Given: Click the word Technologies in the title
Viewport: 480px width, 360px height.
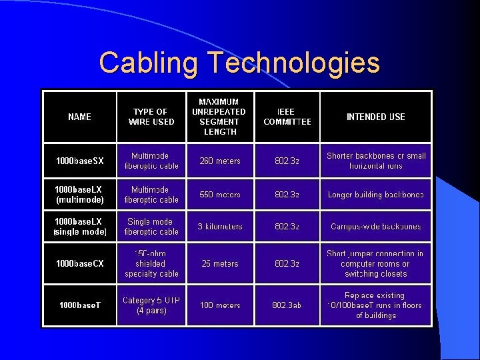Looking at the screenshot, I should pyautogui.click(x=294, y=63).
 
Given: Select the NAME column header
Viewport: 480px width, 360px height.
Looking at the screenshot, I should pyautogui.click(x=80, y=117).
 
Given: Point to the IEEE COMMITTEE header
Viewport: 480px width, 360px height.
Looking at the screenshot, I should pyautogui.click(x=287, y=117).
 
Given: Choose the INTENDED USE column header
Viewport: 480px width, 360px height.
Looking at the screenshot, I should pyautogui.click(x=376, y=117).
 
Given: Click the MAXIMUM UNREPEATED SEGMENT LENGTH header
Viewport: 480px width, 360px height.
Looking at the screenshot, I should pyautogui.click(x=220, y=117).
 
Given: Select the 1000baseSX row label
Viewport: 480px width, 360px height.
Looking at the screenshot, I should pyautogui.click(x=80, y=161).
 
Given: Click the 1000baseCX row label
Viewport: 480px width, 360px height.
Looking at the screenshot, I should pyautogui.click(x=80, y=263).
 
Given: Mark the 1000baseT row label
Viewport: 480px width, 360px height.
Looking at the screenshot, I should pyautogui.click(x=80, y=305).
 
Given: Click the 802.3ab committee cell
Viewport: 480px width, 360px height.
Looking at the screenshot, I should pyautogui.click(x=287, y=305).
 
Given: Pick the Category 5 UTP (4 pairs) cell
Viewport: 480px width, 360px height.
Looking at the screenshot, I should pyautogui.click(x=151, y=305).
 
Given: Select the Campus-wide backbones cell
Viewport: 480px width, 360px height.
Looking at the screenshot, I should pyautogui.click(x=376, y=227).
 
